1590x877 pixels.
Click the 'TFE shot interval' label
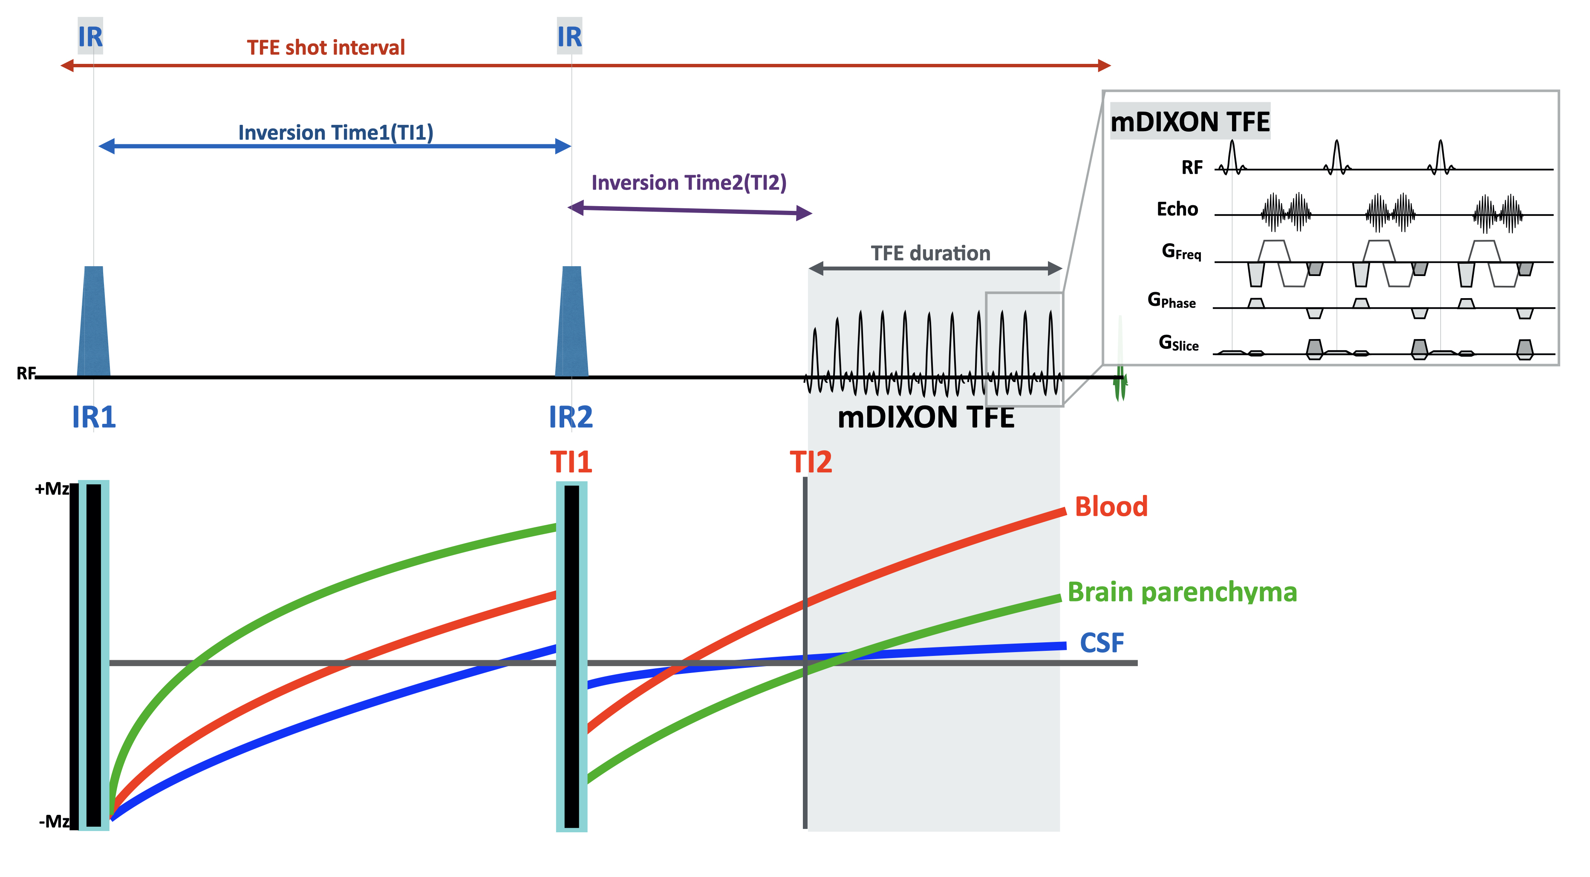tap(326, 47)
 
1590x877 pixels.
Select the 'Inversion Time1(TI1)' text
tap(336, 132)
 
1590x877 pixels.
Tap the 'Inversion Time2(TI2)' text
tap(689, 183)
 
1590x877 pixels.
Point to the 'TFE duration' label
tap(930, 253)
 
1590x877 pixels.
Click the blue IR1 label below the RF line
tap(94, 417)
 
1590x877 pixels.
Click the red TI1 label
tap(571, 463)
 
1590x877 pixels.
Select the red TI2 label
tap(811, 463)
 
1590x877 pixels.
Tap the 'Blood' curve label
tap(1111, 507)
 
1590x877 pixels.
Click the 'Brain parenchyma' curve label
tap(1182, 592)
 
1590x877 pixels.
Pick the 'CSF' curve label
tap(1102, 643)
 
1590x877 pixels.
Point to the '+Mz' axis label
tap(52, 489)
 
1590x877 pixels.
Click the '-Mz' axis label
tap(54, 822)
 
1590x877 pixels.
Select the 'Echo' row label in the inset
tap(1177, 209)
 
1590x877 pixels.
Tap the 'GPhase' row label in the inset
tap(1171, 300)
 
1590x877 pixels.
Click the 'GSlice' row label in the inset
tap(1178, 343)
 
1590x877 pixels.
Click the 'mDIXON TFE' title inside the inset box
tap(1190, 121)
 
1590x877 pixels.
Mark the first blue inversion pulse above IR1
tap(94, 321)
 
